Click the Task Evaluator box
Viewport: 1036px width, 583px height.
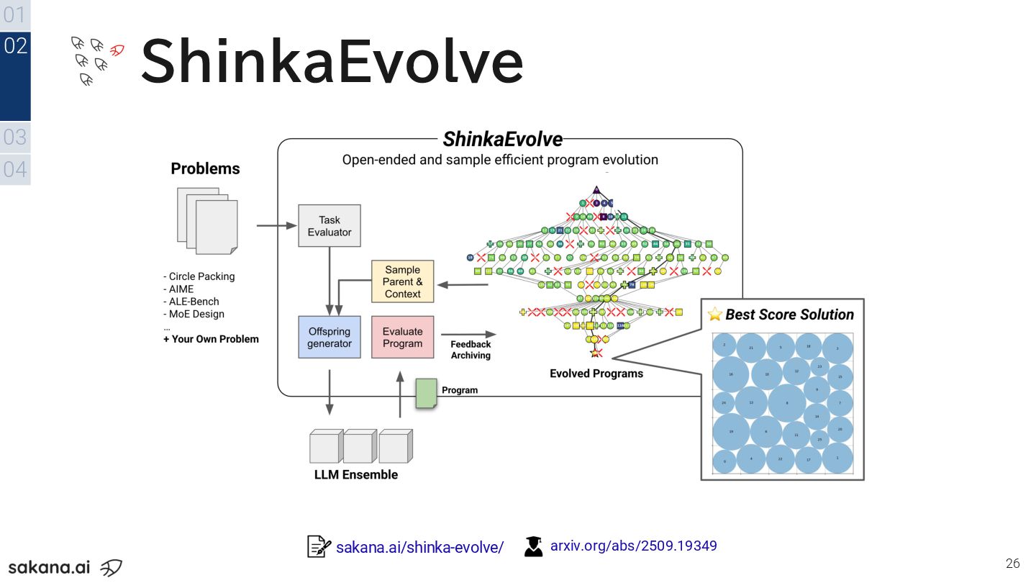[x=330, y=226]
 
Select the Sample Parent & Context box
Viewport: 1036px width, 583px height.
[x=402, y=281]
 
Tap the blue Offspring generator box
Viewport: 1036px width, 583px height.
[x=330, y=337]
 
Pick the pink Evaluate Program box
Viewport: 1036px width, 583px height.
[x=402, y=337]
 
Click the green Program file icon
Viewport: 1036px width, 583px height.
[x=426, y=394]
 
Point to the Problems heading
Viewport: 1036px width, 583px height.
[x=205, y=168]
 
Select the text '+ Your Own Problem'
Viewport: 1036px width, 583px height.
[x=211, y=339]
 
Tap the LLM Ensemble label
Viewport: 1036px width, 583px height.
[x=355, y=475]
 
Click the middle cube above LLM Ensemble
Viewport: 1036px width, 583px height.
[x=359, y=446]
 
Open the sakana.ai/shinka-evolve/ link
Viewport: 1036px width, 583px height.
[x=419, y=547]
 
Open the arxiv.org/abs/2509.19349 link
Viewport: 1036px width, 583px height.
[x=633, y=546]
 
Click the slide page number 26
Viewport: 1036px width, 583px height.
[x=1013, y=563]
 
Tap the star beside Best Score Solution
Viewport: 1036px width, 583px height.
[x=714, y=314]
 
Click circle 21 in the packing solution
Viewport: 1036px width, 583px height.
[x=751, y=348]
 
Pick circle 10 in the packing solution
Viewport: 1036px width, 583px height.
[x=767, y=374]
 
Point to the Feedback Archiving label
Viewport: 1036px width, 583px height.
[x=471, y=350]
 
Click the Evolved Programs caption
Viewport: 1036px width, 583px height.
[x=596, y=374]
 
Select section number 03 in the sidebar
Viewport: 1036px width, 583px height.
[x=14, y=136]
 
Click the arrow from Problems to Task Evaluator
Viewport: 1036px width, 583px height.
[x=277, y=226]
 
